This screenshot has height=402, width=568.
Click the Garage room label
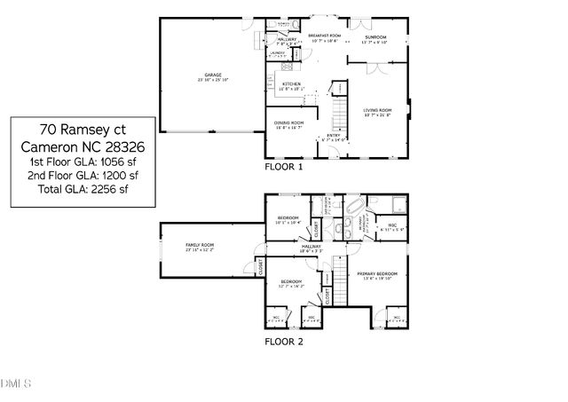[x=213, y=77]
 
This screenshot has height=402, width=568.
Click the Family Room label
[x=200, y=248]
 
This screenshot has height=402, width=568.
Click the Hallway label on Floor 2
[x=311, y=248]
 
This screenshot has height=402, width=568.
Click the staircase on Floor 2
[x=339, y=274]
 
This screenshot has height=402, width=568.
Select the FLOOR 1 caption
[x=284, y=166]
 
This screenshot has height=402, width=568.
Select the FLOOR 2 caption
[x=284, y=340]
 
